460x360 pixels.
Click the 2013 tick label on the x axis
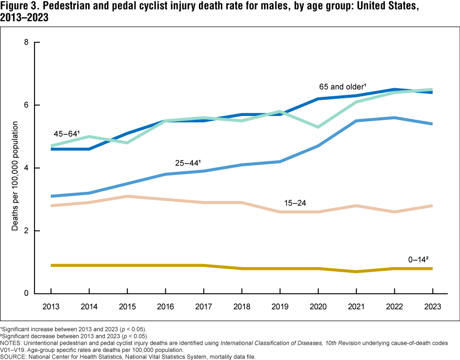[50, 306]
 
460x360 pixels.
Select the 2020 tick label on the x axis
[318, 306]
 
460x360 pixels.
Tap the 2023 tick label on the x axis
[432, 306]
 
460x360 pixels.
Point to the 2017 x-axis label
[203, 306]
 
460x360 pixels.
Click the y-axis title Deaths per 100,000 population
[15, 176]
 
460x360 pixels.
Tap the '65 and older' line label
[343, 87]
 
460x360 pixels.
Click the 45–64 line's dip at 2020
[318, 127]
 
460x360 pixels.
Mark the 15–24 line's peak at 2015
[127, 196]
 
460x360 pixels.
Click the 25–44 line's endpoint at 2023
[432, 124]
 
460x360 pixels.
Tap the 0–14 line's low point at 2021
[356, 271]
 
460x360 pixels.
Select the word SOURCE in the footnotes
[15, 357]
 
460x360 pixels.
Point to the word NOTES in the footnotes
[13, 343]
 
